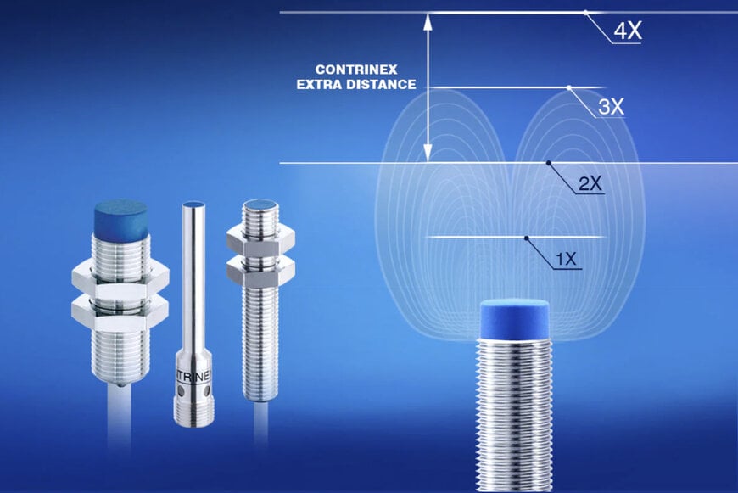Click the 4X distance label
[x=628, y=31]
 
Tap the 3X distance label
[x=611, y=107]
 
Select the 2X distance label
[x=590, y=183]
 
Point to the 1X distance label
[x=566, y=259]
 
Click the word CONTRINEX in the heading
[x=356, y=70]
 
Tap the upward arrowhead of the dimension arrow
[x=428, y=22]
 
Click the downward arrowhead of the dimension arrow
[x=428, y=154]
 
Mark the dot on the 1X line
[x=526, y=238]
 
